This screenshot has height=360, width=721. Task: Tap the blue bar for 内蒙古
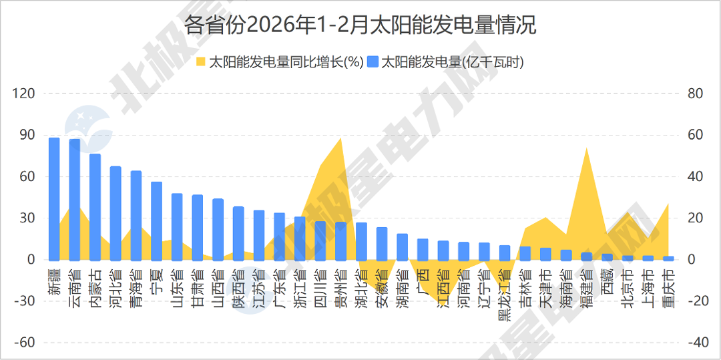point(95,206)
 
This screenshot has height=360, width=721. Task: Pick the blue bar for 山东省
point(177,226)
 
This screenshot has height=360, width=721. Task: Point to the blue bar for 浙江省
point(300,238)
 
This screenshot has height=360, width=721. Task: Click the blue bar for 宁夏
point(156,220)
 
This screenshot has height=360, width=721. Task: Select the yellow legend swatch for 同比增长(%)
point(200,62)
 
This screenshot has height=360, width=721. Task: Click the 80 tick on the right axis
point(695,94)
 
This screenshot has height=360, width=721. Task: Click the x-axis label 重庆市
point(668,287)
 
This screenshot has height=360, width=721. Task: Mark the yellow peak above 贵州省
point(341,139)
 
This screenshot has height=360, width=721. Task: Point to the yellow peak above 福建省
point(586,148)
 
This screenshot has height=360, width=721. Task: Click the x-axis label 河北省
point(115,287)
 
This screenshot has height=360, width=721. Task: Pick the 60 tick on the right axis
point(695,135)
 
